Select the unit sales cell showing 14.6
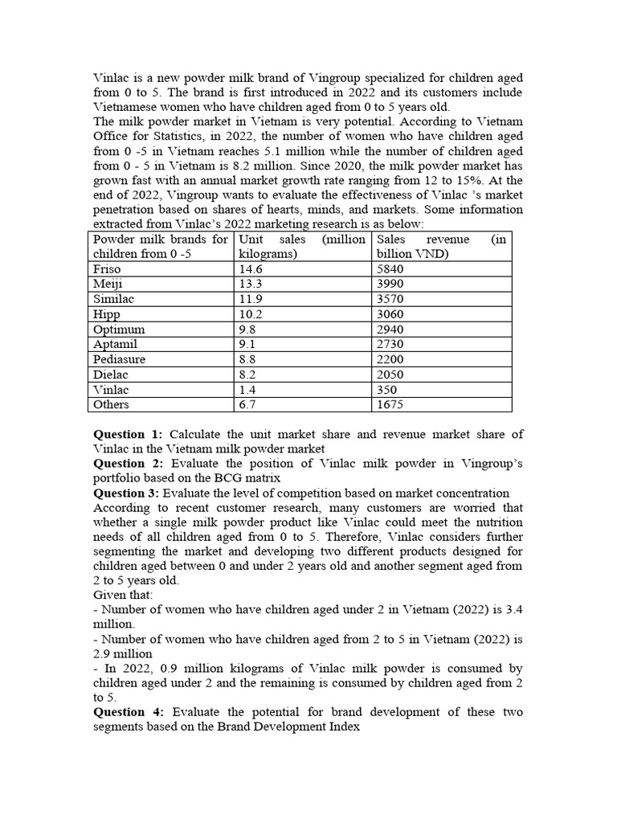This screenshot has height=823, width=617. [251, 269]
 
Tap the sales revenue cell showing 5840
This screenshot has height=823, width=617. [390, 269]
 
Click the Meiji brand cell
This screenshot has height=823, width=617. [108, 285]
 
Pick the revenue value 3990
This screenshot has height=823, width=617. [390, 285]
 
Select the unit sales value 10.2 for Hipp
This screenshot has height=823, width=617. [251, 314]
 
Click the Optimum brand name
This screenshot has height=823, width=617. [119, 330]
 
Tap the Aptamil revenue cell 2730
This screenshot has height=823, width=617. [390, 344]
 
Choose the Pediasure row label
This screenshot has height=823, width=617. [119, 359]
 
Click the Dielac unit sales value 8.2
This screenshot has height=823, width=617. [248, 375]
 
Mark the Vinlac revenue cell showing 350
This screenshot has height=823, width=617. [387, 389]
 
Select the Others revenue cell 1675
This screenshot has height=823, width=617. [390, 404]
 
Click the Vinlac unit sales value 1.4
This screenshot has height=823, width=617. [248, 389]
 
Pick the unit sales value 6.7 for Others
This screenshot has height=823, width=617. [248, 404]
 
